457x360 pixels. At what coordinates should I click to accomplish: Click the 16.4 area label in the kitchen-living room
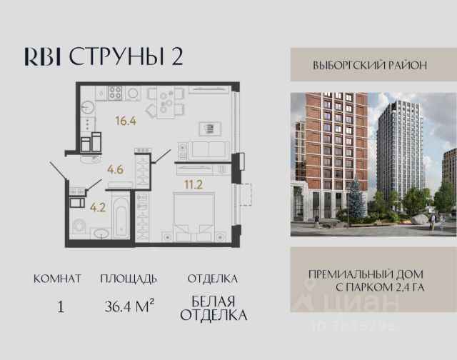pyautogui.click(x=126, y=121)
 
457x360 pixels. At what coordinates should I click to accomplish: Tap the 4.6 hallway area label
pyautogui.click(x=115, y=169)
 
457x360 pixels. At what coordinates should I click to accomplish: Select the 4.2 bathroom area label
pyautogui.click(x=98, y=208)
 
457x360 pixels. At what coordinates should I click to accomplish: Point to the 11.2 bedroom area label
pyautogui.click(x=194, y=184)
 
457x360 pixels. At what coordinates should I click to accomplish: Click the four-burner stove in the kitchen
pyautogui.click(x=115, y=94)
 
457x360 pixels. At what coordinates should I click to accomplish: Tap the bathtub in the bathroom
pyautogui.click(x=121, y=217)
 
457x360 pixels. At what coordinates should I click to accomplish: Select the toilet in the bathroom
pyautogui.click(x=79, y=226)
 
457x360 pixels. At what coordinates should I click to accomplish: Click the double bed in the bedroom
pyautogui.click(x=194, y=217)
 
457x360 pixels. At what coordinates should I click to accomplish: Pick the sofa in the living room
pyautogui.click(x=209, y=151)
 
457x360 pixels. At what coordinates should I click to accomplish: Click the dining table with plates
pyautogui.click(x=166, y=102)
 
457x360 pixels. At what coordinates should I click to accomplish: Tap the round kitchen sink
pyautogui.click(x=87, y=108)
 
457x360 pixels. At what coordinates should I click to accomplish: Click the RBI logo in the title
pyautogui.click(x=43, y=56)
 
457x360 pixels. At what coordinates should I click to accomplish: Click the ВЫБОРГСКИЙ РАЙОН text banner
pyautogui.click(x=370, y=65)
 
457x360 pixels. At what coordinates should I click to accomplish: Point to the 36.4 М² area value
pyautogui.click(x=129, y=306)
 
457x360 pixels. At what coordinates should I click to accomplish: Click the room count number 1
pyautogui.click(x=61, y=307)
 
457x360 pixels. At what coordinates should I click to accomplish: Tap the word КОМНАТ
pyautogui.click(x=57, y=279)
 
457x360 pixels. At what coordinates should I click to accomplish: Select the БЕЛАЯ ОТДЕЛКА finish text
pyautogui.click(x=214, y=308)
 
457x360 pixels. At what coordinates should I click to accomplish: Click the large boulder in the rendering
pyautogui.click(x=420, y=219)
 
